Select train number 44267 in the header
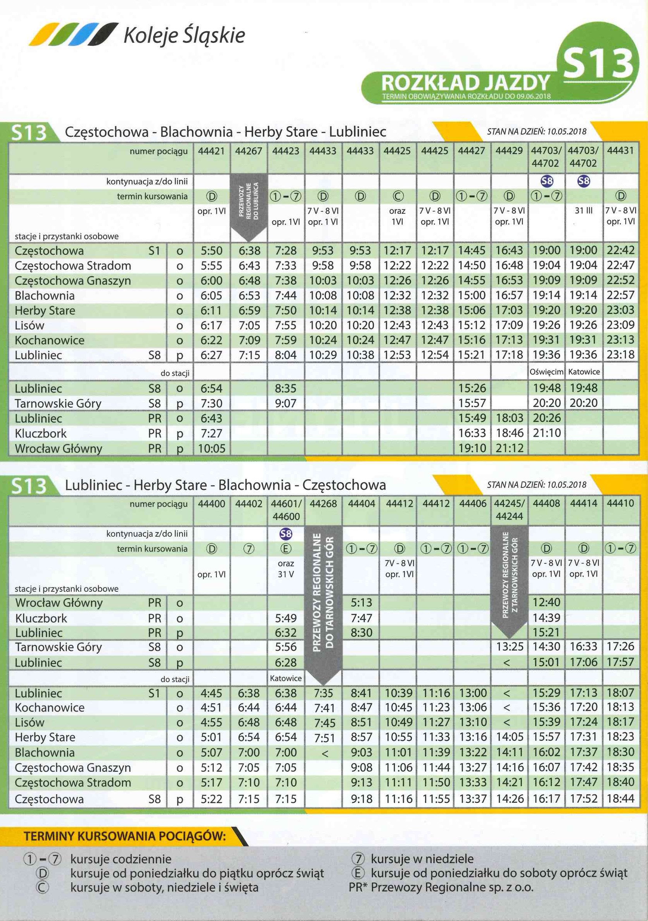pos(249,151)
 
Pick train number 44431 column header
pos(620,151)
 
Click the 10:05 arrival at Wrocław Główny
pos(211,448)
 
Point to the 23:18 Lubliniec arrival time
pos(620,355)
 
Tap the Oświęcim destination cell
pos(546,372)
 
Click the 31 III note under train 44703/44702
pos(583,211)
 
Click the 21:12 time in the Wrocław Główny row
pos(509,448)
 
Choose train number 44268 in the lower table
pos(323,503)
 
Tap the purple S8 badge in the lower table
pos(286,534)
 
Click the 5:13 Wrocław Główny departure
pos(361,603)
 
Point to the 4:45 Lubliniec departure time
pos(211,693)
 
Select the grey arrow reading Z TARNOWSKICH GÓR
pos(509,581)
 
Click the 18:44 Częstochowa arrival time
pos(620,799)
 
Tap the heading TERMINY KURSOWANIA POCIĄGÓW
pos(125,836)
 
